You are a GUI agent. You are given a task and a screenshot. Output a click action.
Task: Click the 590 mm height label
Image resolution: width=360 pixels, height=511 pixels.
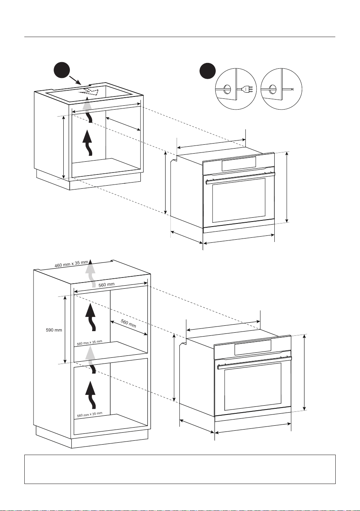(x=54, y=330)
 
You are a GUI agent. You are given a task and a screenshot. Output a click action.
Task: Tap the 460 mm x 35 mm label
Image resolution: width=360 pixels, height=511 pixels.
(x=71, y=264)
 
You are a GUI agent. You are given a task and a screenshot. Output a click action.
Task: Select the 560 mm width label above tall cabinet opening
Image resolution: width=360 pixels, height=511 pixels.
(x=106, y=285)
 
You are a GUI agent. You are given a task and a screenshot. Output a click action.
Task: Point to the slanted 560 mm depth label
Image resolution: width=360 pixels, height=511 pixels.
(x=128, y=323)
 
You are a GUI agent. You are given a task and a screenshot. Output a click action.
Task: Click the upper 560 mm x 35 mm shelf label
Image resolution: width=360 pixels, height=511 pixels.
(x=90, y=343)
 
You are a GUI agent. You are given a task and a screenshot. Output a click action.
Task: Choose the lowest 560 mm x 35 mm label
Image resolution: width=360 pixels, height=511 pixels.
(x=90, y=414)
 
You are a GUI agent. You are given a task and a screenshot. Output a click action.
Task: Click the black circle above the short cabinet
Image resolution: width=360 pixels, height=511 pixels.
(x=62, y=70)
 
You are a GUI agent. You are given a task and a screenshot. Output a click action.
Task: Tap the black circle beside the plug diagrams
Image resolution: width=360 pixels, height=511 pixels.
(x=207, y=71)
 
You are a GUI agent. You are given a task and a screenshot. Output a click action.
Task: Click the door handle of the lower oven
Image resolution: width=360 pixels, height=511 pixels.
(x=254, y=362)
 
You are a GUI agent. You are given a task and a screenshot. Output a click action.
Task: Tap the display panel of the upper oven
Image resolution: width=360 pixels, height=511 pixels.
(x=238, y=164)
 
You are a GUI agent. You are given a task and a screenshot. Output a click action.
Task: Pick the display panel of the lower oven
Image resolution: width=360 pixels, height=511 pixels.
(x=253, y=347)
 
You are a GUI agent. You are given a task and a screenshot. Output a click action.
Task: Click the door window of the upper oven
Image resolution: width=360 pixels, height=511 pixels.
(x=239, y=200)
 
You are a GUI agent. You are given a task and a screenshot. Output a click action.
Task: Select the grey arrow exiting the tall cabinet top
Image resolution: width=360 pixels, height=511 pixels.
(x=91, y=273)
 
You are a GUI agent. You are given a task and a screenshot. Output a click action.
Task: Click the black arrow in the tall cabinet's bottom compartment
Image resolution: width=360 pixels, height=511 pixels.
(x=91, y=395)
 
